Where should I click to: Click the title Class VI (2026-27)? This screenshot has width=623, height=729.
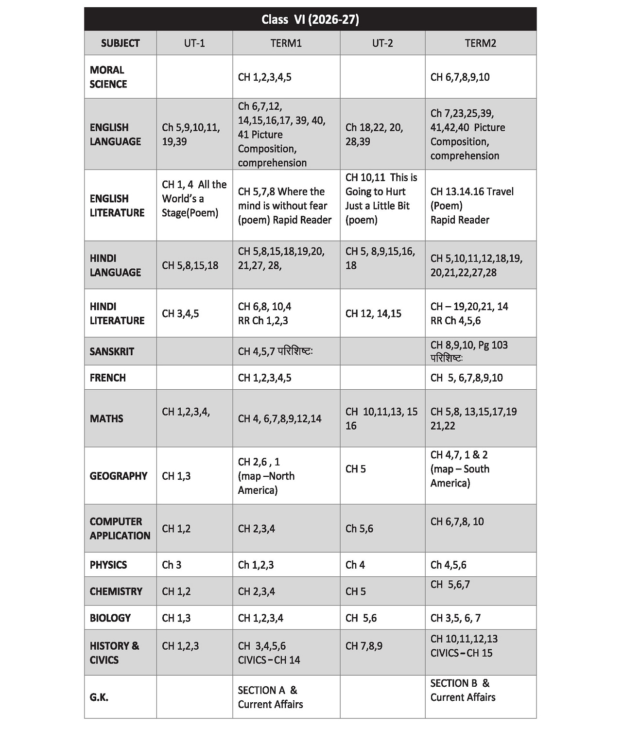(310, 19)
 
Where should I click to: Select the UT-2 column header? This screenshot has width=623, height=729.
(382, 43)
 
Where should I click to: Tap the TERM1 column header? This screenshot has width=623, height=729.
(286, 43)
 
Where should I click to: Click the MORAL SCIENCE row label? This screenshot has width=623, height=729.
(108, 77)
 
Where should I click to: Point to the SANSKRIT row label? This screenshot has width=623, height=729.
(112, 351)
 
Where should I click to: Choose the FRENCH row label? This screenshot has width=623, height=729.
(107, 378)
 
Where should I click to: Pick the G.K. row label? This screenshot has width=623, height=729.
(99, 697)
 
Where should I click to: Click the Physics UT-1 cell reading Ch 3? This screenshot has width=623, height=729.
(172, 565)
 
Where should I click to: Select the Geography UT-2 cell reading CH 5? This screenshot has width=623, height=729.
(356, 469)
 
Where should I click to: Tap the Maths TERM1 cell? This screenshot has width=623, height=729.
(279, 418)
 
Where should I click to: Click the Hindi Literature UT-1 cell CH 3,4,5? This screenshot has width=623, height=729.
(180, 313)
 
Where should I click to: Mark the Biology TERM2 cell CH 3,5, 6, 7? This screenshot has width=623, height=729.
(455, 618)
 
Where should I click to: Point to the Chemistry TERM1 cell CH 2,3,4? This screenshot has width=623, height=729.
(256, 591)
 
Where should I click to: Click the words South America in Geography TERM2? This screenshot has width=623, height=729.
(459, 476)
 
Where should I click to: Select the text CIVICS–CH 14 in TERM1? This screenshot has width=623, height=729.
(269, 660)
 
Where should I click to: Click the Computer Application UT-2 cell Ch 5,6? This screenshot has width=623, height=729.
(359, 528)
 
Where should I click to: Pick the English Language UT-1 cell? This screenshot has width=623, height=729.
(190, 134)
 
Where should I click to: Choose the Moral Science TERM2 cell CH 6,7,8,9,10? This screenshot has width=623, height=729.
(460, 77)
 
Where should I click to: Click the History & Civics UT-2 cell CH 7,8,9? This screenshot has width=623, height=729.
(363, 646)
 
